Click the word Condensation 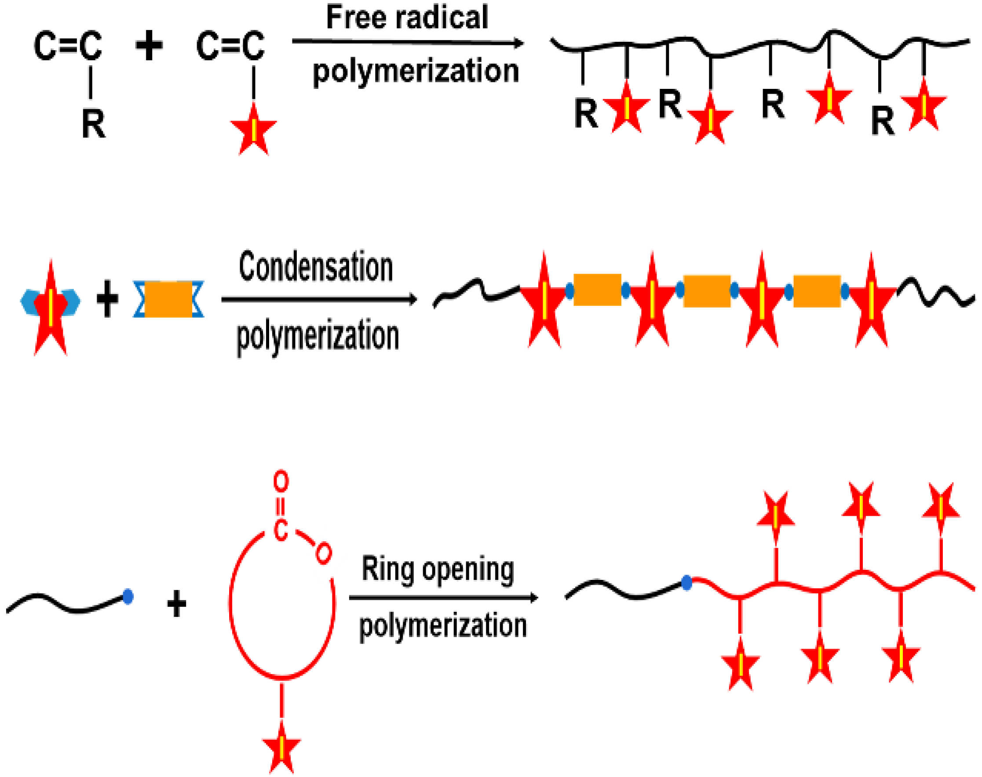click(x=315, y=268)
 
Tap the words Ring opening click(x=438, y=570)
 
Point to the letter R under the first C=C click(x=93, y=124)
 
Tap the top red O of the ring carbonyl click(x=281, y=481)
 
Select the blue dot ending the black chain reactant click(x=128, y=597)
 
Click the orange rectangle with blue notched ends click(x=168, y=299)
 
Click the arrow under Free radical click(x=407, y=42)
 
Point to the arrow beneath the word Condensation click(x=319, y=299)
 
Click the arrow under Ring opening click(x=443, y=598)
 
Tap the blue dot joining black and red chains click(x=686, y=583)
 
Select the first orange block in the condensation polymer click(x=597, y=290)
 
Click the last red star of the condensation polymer click(x=871, y=303)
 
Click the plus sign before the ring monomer click(x=176, y=604)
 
